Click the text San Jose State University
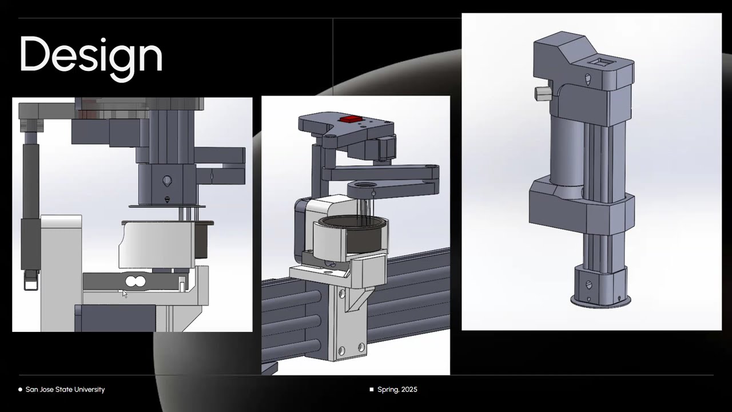(x=65, y=390)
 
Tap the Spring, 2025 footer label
(x=397, y=390)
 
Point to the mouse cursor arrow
(x=125, y=294)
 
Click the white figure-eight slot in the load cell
(x=136, y=281)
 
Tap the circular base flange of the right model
(x=600, y=301)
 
